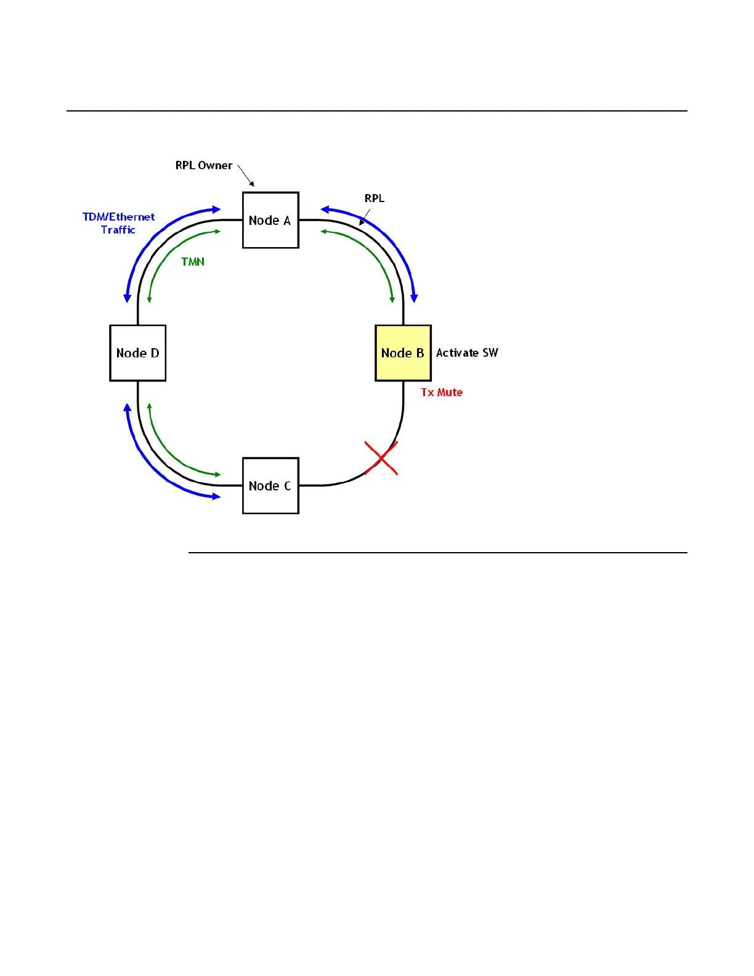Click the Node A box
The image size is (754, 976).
(270, 220)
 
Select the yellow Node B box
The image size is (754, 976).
(403, 353)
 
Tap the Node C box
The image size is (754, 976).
(270, 486)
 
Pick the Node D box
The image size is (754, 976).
(137, 353)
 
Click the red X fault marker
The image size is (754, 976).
(381, 458)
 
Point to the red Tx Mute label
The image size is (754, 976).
(441, 392)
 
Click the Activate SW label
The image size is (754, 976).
(467, 353)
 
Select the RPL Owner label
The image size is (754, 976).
(203, 166)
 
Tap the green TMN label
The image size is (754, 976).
(193, 262)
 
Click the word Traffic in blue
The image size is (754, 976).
(118, 230)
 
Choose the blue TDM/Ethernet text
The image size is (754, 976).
(118, 217)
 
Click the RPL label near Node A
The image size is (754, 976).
(374, 198)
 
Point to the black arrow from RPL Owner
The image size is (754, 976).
(246, 176)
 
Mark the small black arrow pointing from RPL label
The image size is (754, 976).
(365, 218)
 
